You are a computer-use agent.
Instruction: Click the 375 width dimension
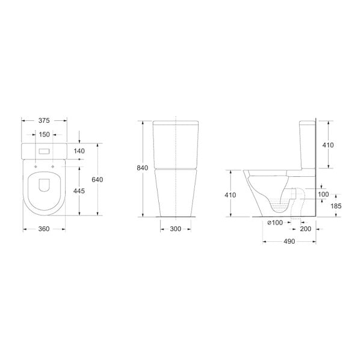(44, 120)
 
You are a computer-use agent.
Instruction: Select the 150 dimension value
(44, 134)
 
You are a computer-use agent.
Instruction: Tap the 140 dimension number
(79, 151)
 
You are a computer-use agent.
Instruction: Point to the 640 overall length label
(97, 179)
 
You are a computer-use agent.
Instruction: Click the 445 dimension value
(79, 191)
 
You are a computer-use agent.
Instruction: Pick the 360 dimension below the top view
(44, 229)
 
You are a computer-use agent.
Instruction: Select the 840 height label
(143, 168)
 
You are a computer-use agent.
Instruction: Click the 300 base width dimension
(176, 229)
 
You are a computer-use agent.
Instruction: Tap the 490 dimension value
(289, 241)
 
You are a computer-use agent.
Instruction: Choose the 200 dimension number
(306, 229)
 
